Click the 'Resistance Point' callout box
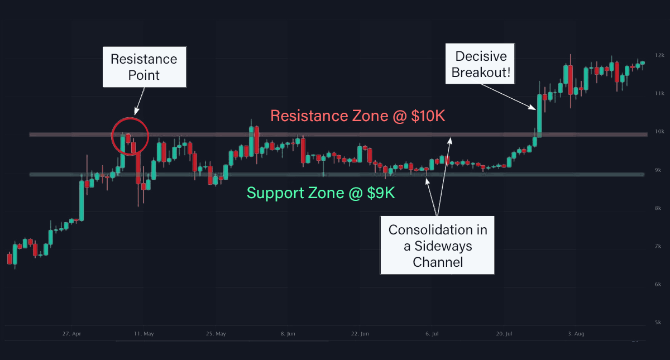(145, 67)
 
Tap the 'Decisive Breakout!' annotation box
(480, 64)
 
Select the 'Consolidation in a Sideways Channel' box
(437, 245)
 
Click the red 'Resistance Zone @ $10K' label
(358, 116)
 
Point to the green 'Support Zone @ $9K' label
(320, 193)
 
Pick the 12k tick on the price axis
(659, 55)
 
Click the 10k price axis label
(659, 132)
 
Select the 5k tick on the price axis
(658, 323)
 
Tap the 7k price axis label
(658, 246)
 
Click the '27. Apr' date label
(71, 334)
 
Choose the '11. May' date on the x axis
(144, 334)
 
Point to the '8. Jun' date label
(288, 334)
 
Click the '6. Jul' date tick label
(432, 334)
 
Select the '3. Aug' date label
(576, 334)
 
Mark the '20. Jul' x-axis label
(504, 334)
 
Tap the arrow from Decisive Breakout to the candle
(508, 97)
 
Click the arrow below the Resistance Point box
(140, 101)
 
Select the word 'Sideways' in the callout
(443, 246)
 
